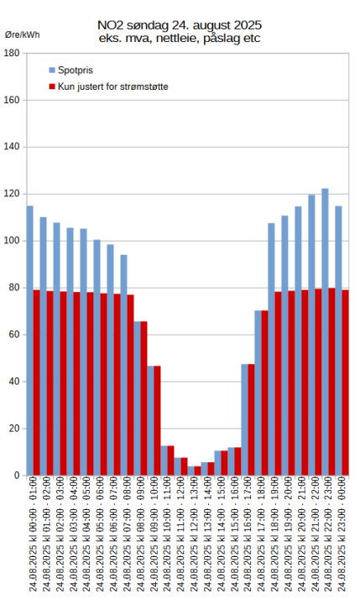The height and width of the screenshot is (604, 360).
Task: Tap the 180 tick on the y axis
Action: pyautogui.click(x=13, y=53)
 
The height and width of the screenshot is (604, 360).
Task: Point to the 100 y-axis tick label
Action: pyautogui.click(x=13, y=241)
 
